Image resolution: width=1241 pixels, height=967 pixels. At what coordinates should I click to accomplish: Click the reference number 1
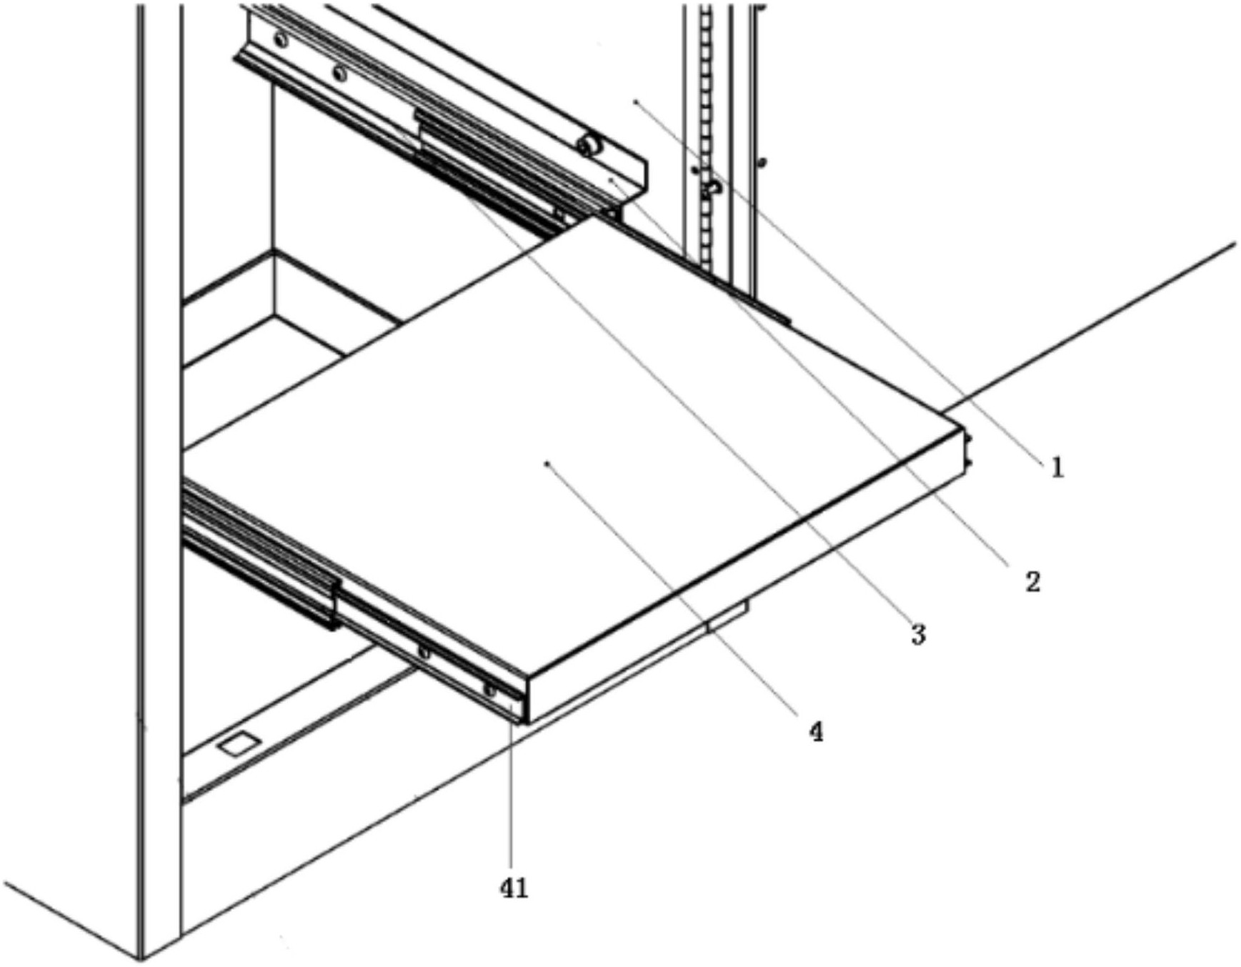click(x=1057, y=468)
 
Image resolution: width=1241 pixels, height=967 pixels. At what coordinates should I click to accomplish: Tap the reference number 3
click(x=919, y=633)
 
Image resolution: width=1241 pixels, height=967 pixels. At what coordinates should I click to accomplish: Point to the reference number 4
click(x=816, y=731)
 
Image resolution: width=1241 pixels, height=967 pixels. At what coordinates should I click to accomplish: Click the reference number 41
click(x=514, y=888)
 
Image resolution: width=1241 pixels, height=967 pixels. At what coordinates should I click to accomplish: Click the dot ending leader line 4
click(x=547, y=464)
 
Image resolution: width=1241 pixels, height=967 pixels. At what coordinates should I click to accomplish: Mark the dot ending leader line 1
click(x=634, y=102)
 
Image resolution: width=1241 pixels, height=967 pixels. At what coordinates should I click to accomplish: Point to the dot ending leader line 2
click(x=611, y=181)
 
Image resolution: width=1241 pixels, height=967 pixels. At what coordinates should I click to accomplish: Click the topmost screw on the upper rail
click(x=281, y=40)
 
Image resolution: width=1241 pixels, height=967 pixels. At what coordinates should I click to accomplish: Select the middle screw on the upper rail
click(x=340, y=73)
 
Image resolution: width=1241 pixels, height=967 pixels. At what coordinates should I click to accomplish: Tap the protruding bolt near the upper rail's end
click(x=590, y=147)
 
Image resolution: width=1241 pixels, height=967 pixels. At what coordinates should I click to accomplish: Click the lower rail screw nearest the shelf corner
click(x=489, y=690)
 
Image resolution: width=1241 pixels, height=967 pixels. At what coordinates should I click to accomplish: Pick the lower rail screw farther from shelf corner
click(x=424, y=653)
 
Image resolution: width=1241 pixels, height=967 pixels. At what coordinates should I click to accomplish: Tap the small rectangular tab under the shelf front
click(x=727, y=617)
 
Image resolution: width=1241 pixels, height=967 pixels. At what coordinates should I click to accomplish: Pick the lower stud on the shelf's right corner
click(x=969, y=465)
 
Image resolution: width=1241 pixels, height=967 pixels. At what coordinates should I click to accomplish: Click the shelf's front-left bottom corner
click(x=527, y=722)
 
